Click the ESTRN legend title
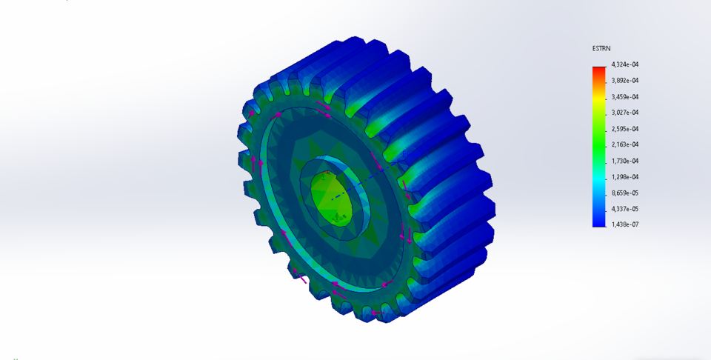[601, 48]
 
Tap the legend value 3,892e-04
[625, 81]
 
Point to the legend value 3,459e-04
[625, 97]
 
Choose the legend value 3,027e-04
[625, 113]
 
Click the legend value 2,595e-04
[625, 129]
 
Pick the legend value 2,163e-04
[625, 144]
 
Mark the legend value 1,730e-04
[625, 161]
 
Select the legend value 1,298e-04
[625, 177]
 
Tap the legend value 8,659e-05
[625, 193]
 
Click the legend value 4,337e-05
[625, 209]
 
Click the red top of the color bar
[598, 70]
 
